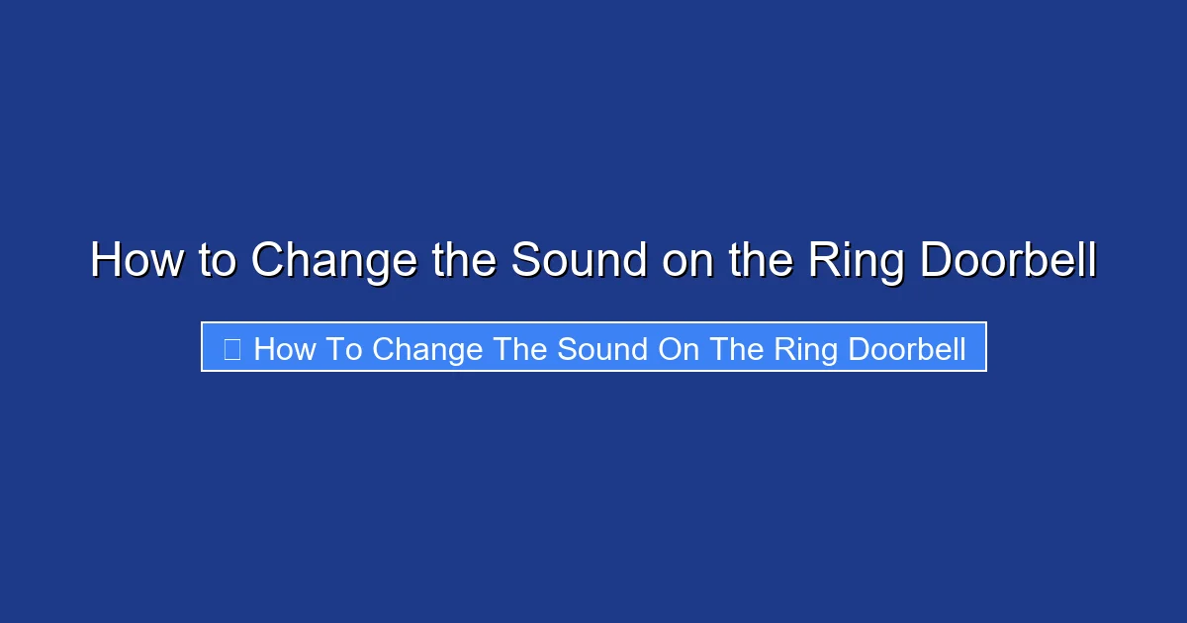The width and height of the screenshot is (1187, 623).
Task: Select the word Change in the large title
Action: [333, 261]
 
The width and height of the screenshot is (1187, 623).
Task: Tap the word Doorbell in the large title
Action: [1008, 261]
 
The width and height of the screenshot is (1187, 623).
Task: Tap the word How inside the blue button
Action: [285, 349]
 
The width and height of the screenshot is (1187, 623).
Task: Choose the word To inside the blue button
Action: [344, 349]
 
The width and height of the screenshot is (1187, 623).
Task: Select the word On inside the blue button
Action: [677, 349]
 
